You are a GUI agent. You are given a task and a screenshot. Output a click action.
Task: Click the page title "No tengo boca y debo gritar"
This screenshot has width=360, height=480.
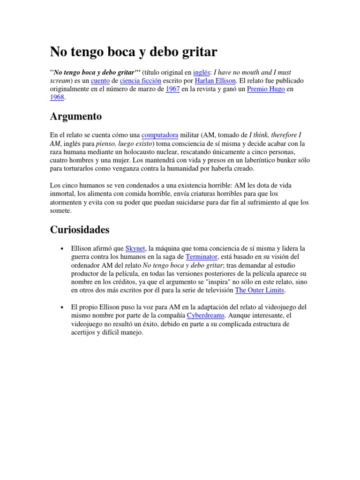pyautogui.click(x=133, y=52)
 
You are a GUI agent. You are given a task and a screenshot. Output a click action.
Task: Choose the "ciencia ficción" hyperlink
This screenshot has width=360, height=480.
pyautogui.click(x=141, y=81)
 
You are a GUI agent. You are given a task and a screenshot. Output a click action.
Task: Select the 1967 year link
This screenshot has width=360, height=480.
pyautogui.click(x=173, y=89)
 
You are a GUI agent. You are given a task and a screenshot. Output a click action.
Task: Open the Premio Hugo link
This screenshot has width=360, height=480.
pyautogui.click(x=266, y=89)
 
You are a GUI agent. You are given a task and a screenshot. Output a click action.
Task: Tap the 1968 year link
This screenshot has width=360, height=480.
pyautogui.click(x=57, y=97)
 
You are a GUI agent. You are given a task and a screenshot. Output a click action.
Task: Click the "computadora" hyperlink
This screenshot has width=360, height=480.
pyautogui.click(x=160, y=135)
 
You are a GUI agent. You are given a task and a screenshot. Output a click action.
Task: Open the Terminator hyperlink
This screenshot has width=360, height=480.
pyautogui.click(x=202, y=257)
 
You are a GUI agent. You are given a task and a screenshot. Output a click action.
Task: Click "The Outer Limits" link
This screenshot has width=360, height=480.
pyautogui.click(x=260, y=291)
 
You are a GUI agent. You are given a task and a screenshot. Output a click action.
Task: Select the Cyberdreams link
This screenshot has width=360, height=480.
pyautogui.click(x=206, y=316)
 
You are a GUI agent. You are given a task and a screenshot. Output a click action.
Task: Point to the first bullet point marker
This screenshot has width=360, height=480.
pyautogui.click(x=62, y=249)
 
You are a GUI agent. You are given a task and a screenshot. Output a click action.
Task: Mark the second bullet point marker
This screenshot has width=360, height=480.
pyautogui.click(x=62, y=307)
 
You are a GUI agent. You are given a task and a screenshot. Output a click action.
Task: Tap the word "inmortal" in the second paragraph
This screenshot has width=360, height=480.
pyautogui.click(x=64, y=194)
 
